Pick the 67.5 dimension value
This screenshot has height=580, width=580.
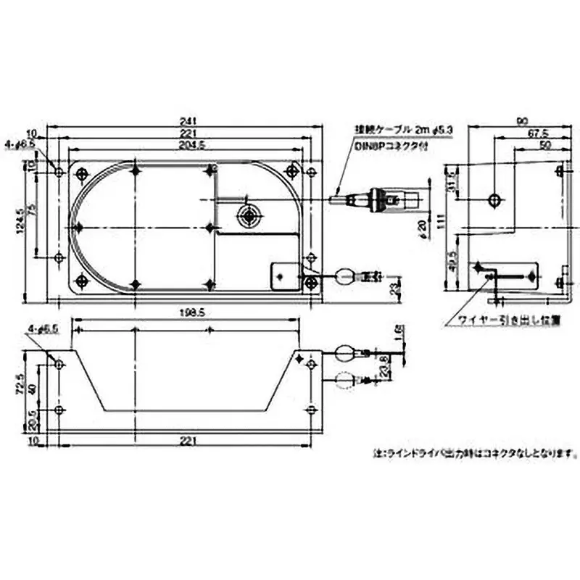(536, 133)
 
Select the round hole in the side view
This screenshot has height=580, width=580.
(494, 199)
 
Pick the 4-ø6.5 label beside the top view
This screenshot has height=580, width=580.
(20, 144)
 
